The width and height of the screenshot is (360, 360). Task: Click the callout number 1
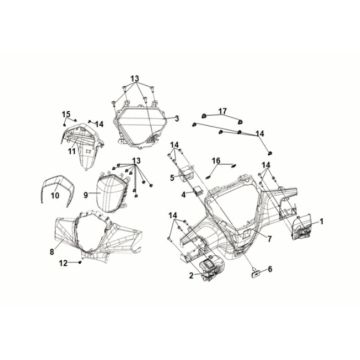click(x=321, y=221)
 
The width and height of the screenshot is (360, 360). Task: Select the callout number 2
click(x=191, y=275)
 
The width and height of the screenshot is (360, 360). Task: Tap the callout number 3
click(x=177, y=118)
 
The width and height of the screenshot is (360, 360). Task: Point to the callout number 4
click(x=184, y=194)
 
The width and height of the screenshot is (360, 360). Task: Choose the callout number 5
click(x=172, y=178)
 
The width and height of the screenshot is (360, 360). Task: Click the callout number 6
click(x=270, y=269)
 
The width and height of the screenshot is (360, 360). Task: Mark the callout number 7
click(x=270, y=239)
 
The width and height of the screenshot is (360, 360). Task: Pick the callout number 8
click(x=52, y=252)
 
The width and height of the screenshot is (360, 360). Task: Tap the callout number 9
click(x=86, y=195)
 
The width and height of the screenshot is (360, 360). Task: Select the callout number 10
click(x=55, y=195)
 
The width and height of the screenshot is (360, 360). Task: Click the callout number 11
click(x=72, y=151)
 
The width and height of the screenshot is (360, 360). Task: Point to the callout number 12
click(x=63, y=263)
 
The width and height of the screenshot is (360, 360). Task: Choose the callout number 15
click(x=66, y=114)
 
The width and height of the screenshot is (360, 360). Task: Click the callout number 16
click(x=216, y=161)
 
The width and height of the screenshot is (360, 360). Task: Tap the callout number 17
click(x=222, y=111)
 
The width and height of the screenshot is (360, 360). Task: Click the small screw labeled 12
click(x=80, y=262)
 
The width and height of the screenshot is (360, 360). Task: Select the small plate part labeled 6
click(x=255, y=274)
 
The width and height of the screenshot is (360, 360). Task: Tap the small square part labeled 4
click(x=198, y=190)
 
